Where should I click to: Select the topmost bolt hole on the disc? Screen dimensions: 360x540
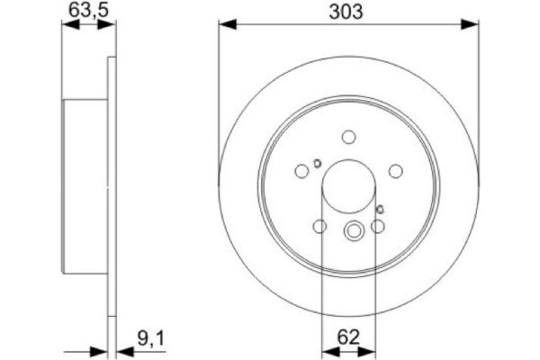349,138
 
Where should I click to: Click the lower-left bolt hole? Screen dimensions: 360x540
319,229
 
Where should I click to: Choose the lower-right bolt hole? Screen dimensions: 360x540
379,229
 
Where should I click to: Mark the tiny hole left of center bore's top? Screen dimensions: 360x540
317,163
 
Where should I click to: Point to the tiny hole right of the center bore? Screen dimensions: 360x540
381,210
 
